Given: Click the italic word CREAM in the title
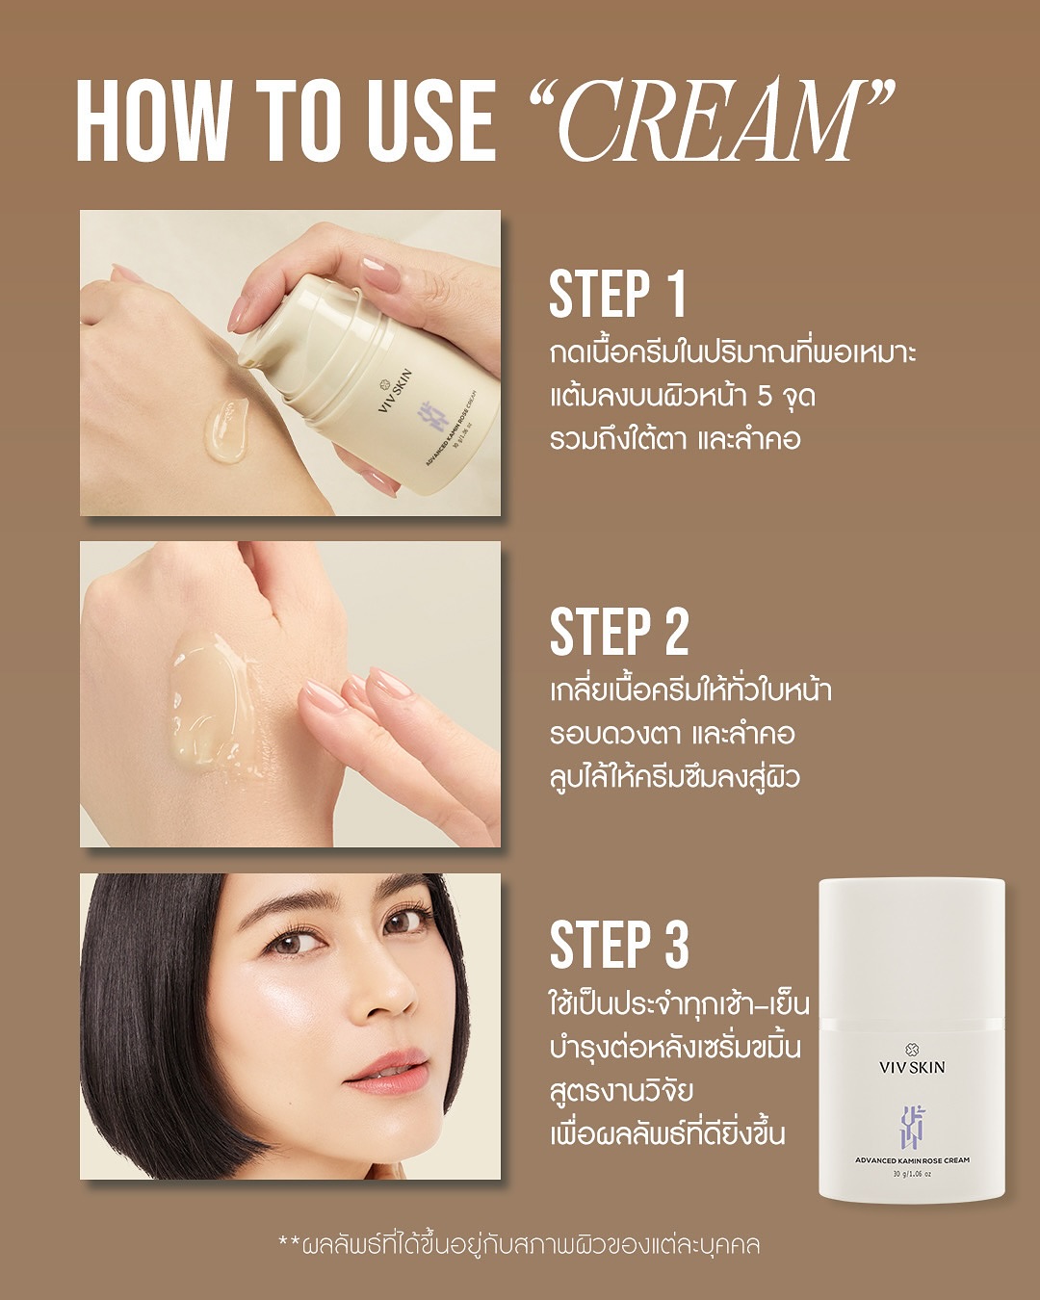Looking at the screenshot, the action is pyautogui.click(x=710, y=120).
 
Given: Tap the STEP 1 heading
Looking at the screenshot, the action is pyautogui.click(x=617, y=295).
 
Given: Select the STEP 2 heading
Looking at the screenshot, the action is pyautogui.click(x=619, y=632).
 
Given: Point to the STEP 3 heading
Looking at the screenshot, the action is pyautogui.click(x=619, y=946).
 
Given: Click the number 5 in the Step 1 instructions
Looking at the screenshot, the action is pyautogui.click(x=765, y=397).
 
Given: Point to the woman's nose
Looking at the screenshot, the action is pyautogui.click(x=387, y=991).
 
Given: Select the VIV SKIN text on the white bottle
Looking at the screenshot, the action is pyautogui.click(x=912, y=1067).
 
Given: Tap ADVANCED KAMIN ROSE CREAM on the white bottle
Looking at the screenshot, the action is pyautogui.click(x=912, y=1159).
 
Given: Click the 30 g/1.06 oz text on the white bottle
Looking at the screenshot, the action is pyautogui.click(x=912, y=1175).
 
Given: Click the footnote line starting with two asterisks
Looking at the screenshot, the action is pyautogui.click(x=519, y=1246).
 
